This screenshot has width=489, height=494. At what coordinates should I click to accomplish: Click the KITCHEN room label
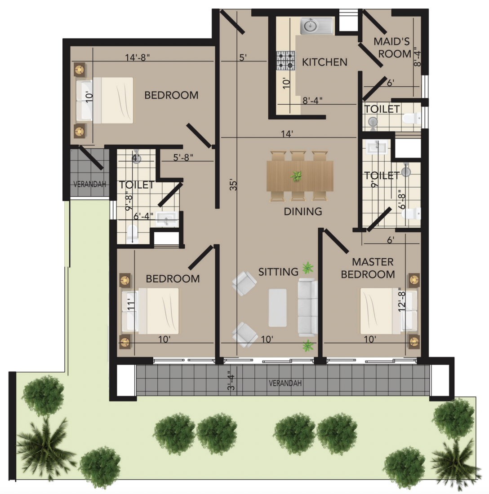(325, 62)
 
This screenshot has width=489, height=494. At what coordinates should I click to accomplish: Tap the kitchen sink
(316, 26)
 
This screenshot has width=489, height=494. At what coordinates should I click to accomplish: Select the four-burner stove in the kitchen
(286, 61)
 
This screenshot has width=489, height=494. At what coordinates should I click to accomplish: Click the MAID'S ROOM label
(392, 48)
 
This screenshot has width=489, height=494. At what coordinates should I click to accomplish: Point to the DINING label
(302, 212)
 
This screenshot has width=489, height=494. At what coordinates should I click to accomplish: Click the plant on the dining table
(296, 176)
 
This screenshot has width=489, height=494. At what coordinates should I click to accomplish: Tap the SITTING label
(278, 272)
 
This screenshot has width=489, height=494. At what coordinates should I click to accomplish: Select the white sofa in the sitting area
(308, 307)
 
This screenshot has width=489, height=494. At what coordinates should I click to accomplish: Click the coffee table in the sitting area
(277, 308)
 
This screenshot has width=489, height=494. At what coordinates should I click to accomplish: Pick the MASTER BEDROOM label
(368, 268)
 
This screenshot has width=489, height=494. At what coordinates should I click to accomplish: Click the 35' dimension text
(233, 185)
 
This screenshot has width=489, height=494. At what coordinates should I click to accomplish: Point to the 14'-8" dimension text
(137, 57)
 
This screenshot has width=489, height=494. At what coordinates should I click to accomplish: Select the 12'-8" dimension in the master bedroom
(401, 300)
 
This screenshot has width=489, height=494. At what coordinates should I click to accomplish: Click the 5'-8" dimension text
(183, 157)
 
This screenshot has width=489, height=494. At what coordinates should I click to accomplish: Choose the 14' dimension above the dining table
(287, 134)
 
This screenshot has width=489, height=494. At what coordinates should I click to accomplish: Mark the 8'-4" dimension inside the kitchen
(312, 101)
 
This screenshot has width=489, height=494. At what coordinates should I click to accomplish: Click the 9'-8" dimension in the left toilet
(129, 201)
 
